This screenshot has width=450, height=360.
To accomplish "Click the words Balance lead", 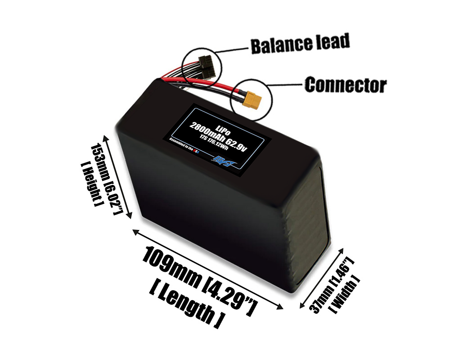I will [x=300, y=44].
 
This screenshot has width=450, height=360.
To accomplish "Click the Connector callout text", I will [x=345, y=85].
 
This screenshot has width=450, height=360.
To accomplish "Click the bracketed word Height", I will [x=90, y=184].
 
